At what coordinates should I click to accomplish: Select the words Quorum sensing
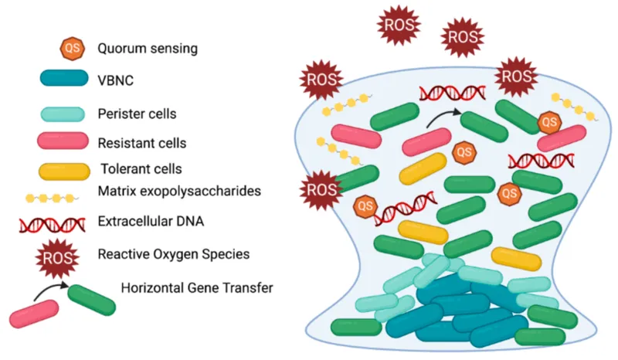[x=148, y=48]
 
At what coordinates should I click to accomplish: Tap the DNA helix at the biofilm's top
[x=452, y=93]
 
